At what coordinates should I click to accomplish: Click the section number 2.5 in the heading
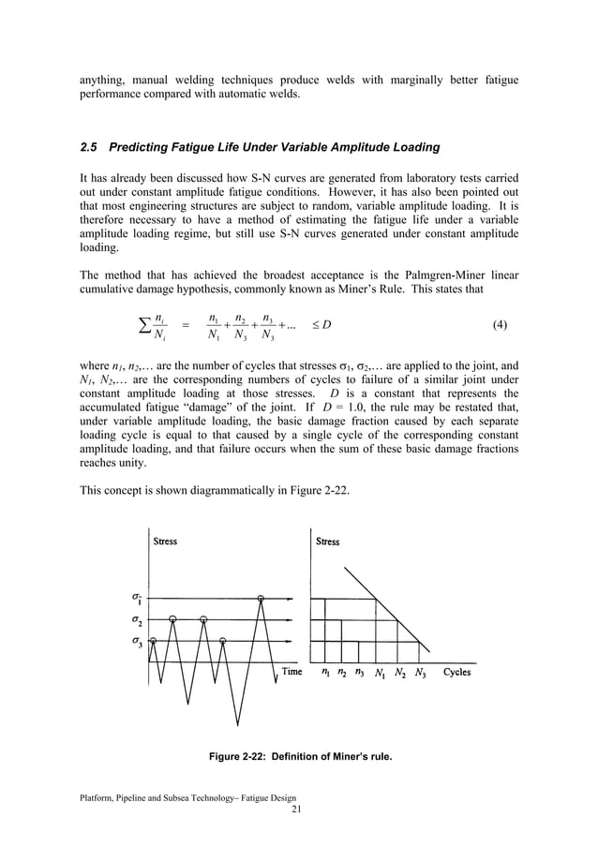(90, 147)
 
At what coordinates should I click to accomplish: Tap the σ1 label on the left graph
(138, 597)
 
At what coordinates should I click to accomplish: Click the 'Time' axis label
(292, 672)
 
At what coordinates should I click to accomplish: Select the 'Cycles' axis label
(457, 672)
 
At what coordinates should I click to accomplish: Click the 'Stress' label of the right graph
(328, 542)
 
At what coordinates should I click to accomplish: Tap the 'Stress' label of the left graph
(165, 542)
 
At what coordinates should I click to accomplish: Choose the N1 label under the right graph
(380, 673)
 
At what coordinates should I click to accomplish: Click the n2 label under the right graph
(342, 673)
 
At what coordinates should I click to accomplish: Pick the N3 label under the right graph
(420, 673)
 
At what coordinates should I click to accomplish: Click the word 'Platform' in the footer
(98, 796)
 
